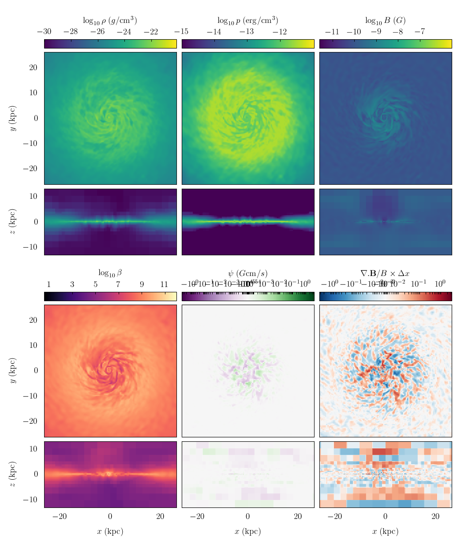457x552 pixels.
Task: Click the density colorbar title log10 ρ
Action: pos(110,20)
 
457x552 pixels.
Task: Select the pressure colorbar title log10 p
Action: pos(247,20)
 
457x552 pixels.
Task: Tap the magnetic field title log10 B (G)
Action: pos(385,20)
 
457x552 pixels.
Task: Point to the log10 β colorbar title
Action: pos(110,273)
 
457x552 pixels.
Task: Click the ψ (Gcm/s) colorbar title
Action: pos(247,273)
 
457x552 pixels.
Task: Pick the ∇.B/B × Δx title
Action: pos(385,273)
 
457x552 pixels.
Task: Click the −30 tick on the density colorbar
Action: pos(44,32)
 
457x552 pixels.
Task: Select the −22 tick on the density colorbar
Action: pos(151,32)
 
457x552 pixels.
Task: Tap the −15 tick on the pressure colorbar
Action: pos(182,32)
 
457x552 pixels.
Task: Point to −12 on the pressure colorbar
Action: pos(280,32)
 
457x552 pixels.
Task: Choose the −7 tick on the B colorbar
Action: pos(420,32)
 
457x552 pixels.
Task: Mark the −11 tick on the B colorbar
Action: pos(332,32)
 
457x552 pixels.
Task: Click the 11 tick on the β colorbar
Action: pos(164,284)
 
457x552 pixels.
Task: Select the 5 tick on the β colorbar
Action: pos(95,284)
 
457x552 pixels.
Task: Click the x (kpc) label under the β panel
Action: pos(110,531)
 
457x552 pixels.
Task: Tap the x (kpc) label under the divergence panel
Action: pos(385,531)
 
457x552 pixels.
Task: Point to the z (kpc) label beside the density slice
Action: pos(13,222)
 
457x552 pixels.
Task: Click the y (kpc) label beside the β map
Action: pos(13,370)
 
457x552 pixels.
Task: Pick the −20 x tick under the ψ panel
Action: pos(197,516)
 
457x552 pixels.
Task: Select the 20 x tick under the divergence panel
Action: pos(435,516)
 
